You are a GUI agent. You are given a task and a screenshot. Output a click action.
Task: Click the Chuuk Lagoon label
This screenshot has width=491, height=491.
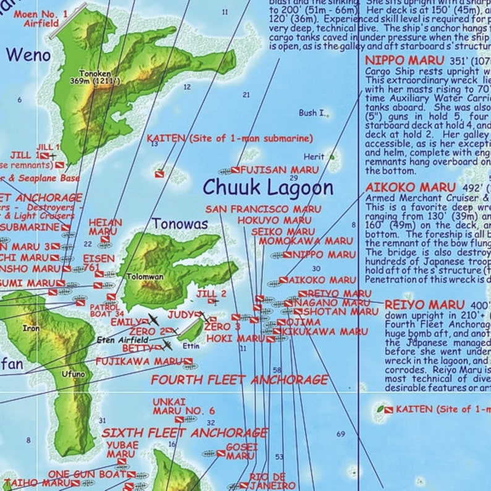point(268,187)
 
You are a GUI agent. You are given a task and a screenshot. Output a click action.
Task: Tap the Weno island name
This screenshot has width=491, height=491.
point(28,55)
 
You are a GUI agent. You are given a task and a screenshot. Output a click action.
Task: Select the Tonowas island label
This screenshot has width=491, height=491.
point(180,224)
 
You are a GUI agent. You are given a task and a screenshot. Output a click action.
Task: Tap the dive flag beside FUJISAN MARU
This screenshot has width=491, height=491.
point(236,170)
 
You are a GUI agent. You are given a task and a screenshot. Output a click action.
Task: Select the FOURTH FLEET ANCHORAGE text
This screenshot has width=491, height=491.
point(239,380)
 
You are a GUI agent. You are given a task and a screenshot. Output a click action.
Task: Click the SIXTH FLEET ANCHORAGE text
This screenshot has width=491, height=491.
point(184,433)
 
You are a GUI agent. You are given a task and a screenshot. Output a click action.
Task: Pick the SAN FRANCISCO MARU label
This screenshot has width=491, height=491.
point(263,210)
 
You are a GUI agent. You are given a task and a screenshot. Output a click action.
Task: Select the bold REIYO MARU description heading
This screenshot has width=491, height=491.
point(424,305)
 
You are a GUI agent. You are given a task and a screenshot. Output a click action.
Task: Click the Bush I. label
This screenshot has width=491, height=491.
point(312,113)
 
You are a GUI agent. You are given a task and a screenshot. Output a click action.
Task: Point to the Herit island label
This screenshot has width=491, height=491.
point(314,157)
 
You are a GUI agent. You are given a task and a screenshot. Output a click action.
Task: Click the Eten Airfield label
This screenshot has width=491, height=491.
point(122,339)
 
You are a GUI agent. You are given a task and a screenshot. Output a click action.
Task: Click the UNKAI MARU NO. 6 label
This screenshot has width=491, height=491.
point(184,406)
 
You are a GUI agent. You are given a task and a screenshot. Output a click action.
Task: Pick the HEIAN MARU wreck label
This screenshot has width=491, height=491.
point(106,227)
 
